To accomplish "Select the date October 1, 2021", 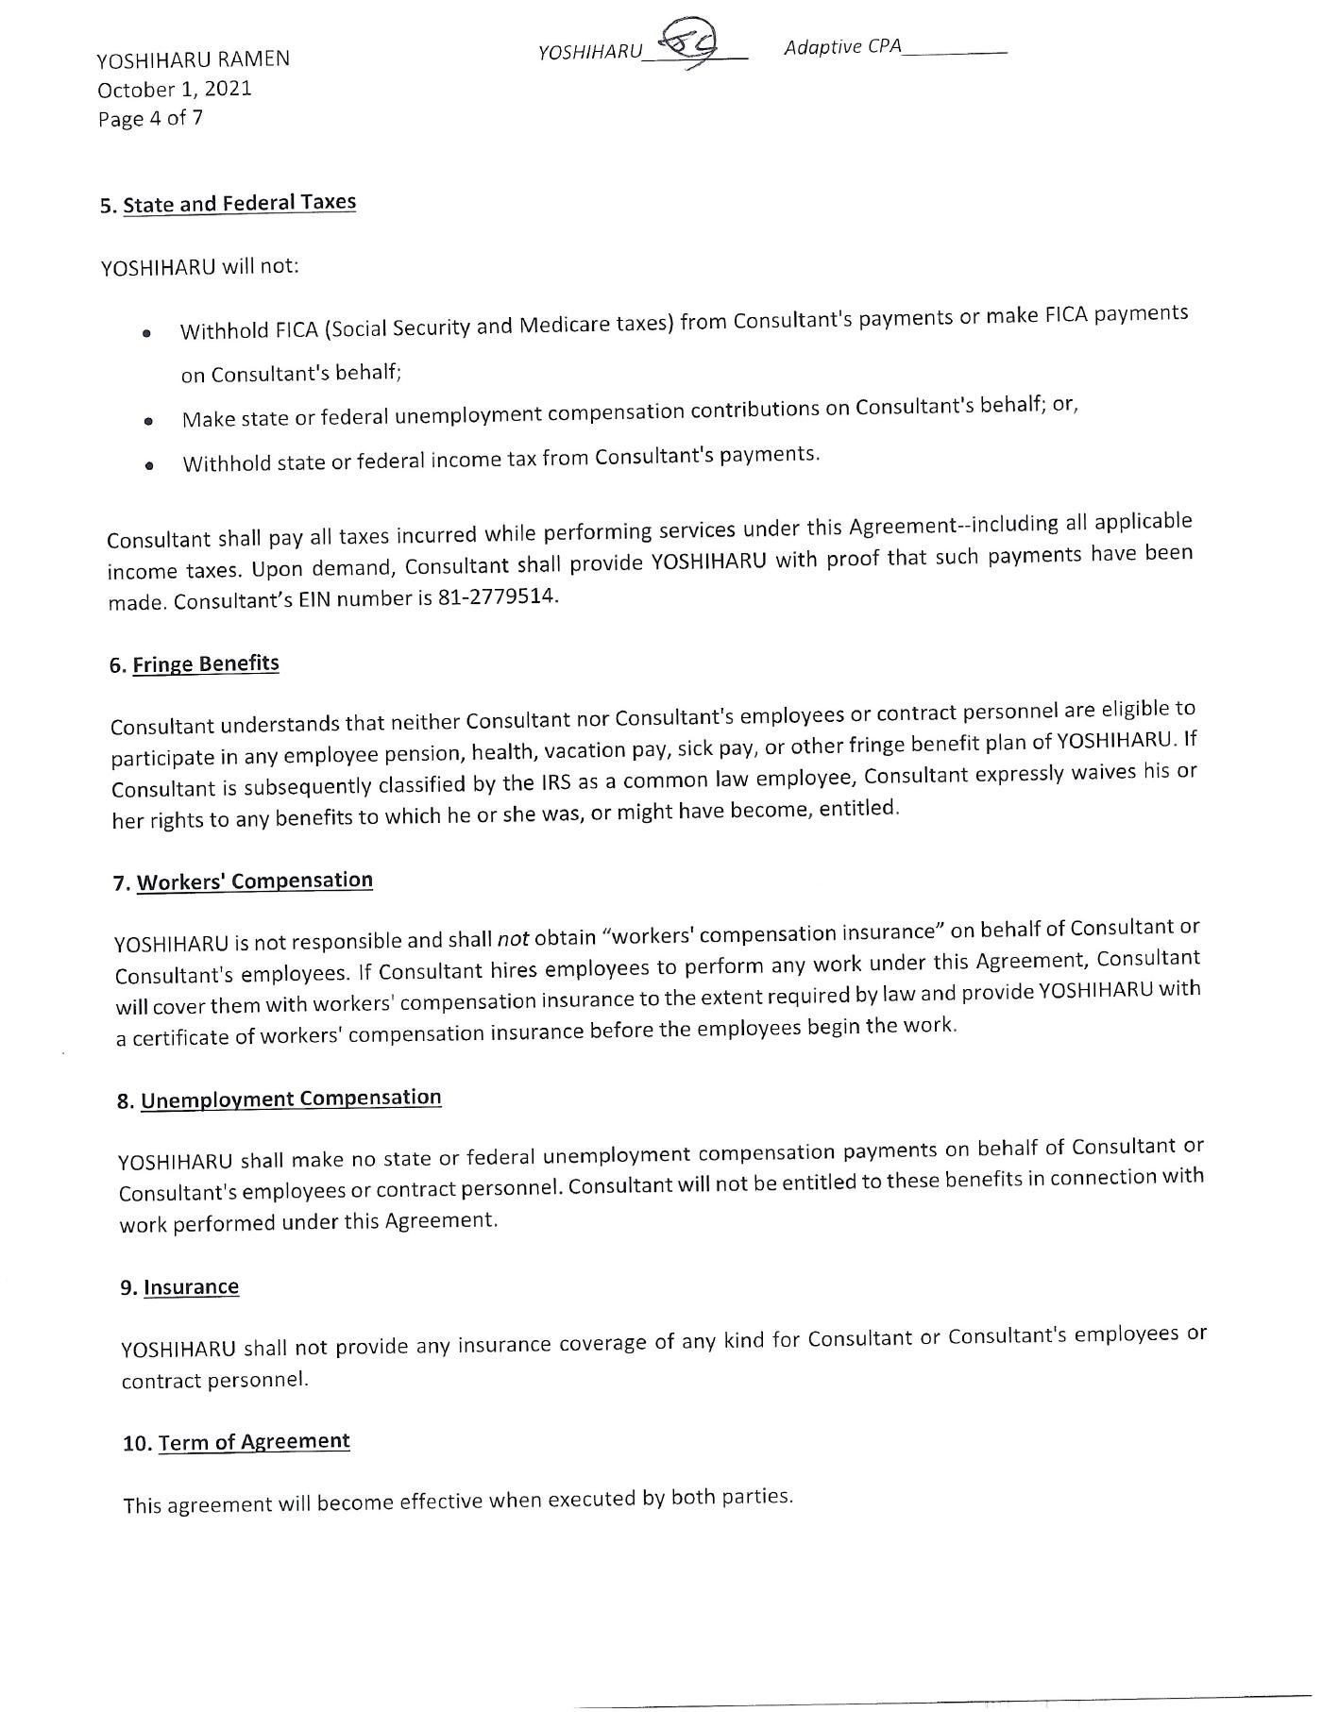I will pos(175,89).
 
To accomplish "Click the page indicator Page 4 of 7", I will pos(150,118).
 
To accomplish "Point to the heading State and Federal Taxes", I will pos(239,203).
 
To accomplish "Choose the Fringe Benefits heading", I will pos(206,663).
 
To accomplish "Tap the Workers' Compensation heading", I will pos(255,881).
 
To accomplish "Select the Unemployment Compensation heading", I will pos(291,1099).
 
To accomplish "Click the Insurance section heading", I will pos(191,1287).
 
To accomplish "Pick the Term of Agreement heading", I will pos(254,1442).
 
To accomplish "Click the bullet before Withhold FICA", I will pos(146,333).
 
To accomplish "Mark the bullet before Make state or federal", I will pos(148,421).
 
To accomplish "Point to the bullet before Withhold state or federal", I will pos(149,465).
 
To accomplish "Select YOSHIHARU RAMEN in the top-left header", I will pos(193,59).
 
